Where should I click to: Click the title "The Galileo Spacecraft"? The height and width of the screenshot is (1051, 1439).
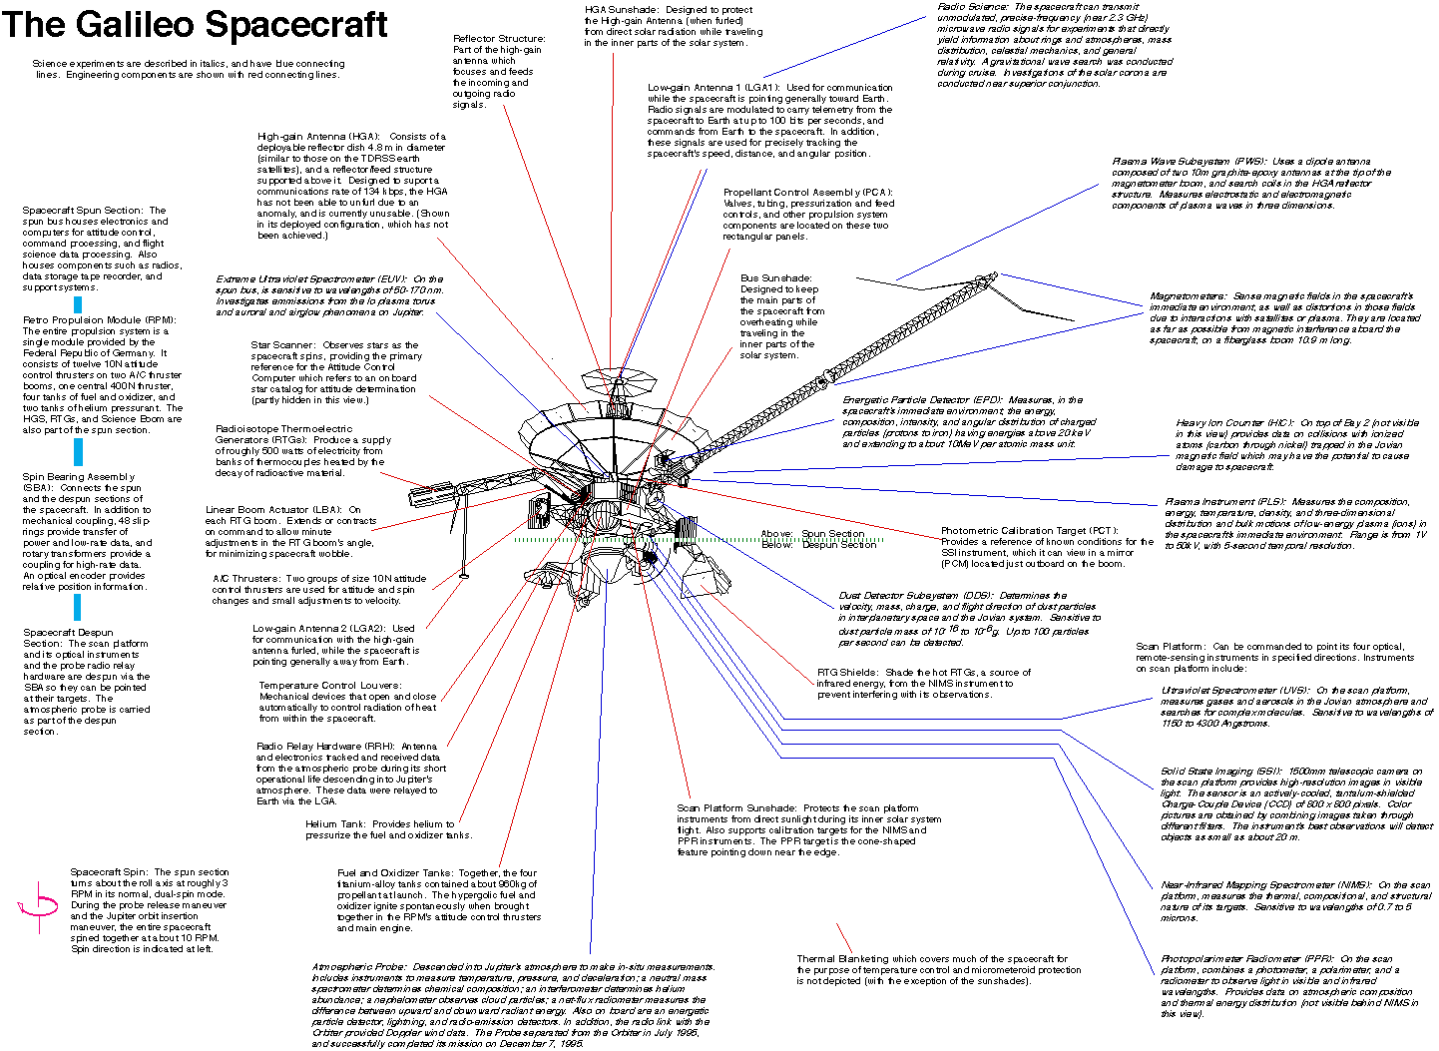pyautogui.click(x=196, y=24)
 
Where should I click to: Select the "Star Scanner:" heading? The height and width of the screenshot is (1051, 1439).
pyautogui.click(x=282, y=345)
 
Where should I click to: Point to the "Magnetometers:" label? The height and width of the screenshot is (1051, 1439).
pyautogui.click(x=1188, y=296)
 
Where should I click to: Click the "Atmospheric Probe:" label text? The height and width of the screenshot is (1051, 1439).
pyautogui.click(x=358, y=967)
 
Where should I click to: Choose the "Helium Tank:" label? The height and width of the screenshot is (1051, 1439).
pyautogui.click(x=335, y=824)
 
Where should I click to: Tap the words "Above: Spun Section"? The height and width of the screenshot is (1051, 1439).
pyautogui.click(x=812, y=534)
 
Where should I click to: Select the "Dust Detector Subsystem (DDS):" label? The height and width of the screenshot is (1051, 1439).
pyautogui.click(x=917, y=596)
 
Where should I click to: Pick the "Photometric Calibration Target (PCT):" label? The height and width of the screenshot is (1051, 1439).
pyautogui.click(x=1029, y=531)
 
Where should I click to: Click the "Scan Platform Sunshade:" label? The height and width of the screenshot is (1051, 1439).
pyautogui.click(x=736, y=808)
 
